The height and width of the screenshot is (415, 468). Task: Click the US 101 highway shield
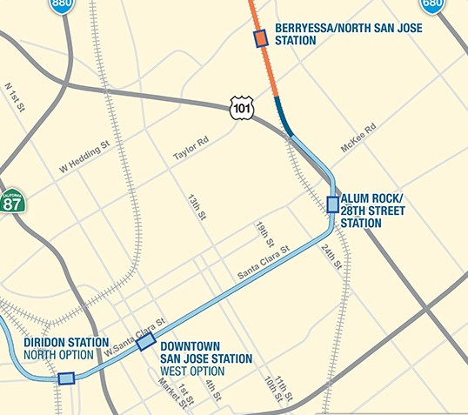[x=243, y=107]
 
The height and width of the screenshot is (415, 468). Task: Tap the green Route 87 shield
[x=12, y=203]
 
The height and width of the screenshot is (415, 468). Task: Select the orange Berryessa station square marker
[x=261, y=37]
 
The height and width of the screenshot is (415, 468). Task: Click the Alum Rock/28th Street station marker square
[x=332, y=204]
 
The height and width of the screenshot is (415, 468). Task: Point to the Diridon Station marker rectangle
[x=65, y=378]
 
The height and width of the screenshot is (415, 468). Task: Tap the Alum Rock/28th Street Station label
[x=373, y=210]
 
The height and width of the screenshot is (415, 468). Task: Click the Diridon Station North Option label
[x=66, y=348]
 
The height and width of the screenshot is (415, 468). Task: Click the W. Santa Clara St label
[x=134, y=338]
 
